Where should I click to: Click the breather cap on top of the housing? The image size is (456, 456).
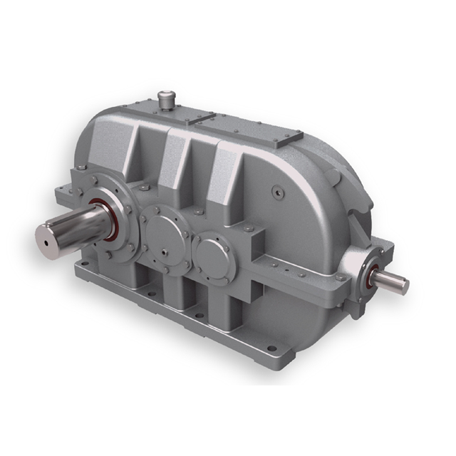pos(167,98)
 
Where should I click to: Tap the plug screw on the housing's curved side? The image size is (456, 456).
pos(277,191)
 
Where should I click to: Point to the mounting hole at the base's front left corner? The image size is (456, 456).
pos(87,268)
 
